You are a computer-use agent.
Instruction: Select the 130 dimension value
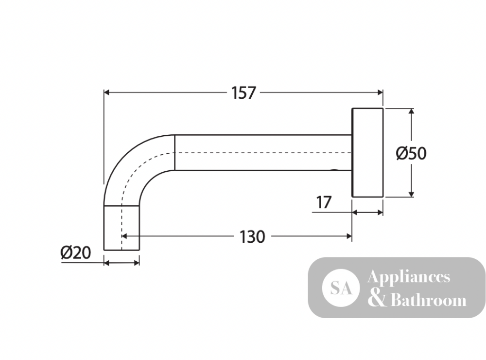point(252,237)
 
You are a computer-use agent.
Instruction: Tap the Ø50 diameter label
point(411,153)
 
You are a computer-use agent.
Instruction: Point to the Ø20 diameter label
point(76,252)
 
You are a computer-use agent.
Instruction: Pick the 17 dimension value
point(324,203)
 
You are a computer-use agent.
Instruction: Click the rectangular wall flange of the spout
point(367,153)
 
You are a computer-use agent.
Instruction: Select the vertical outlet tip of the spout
point(121,228)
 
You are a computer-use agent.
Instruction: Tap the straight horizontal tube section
point(263,153)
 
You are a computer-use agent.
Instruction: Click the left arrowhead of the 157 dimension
point(106,92)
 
